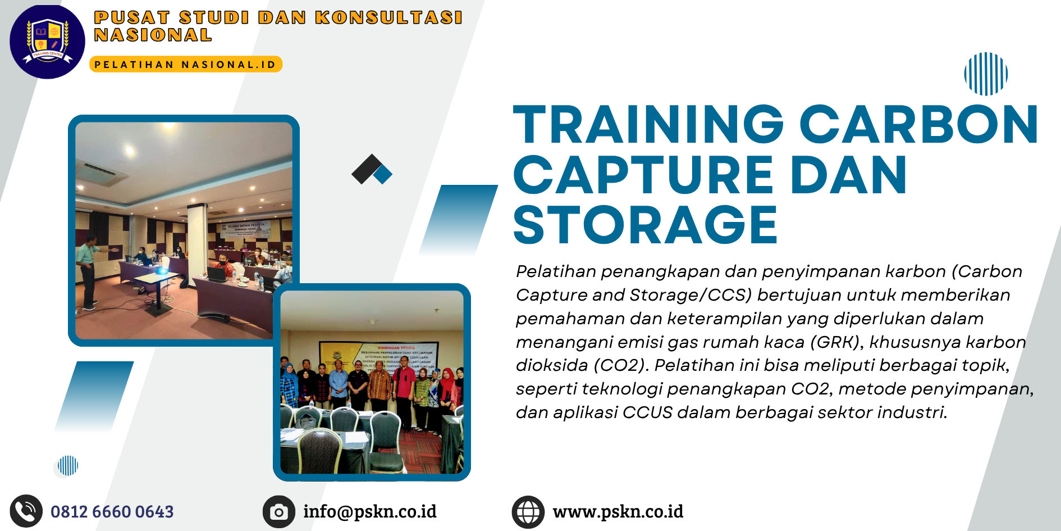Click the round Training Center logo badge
click(x=47, y=42)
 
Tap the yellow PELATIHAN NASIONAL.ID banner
click(x=185, y=65)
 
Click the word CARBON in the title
click(x=919, y=125)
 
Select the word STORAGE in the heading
click(x=645, y=225)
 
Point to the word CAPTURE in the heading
click(x=643, y=175)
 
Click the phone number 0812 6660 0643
click(x=112, y=512)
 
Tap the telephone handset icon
click(x=26, y=511)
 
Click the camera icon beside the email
click(x=278, y=512)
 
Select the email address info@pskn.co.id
click(x=369, y=512)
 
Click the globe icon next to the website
click(x=528, y=512)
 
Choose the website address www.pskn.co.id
click(x=618, y=512)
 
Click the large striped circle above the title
click(x=986, y=74)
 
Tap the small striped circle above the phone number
click(x=68, y=466)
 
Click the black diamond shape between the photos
click(x=366, y=169)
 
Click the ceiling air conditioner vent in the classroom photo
click(x=102, y=175)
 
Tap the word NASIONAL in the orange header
click(x=153, y=35)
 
